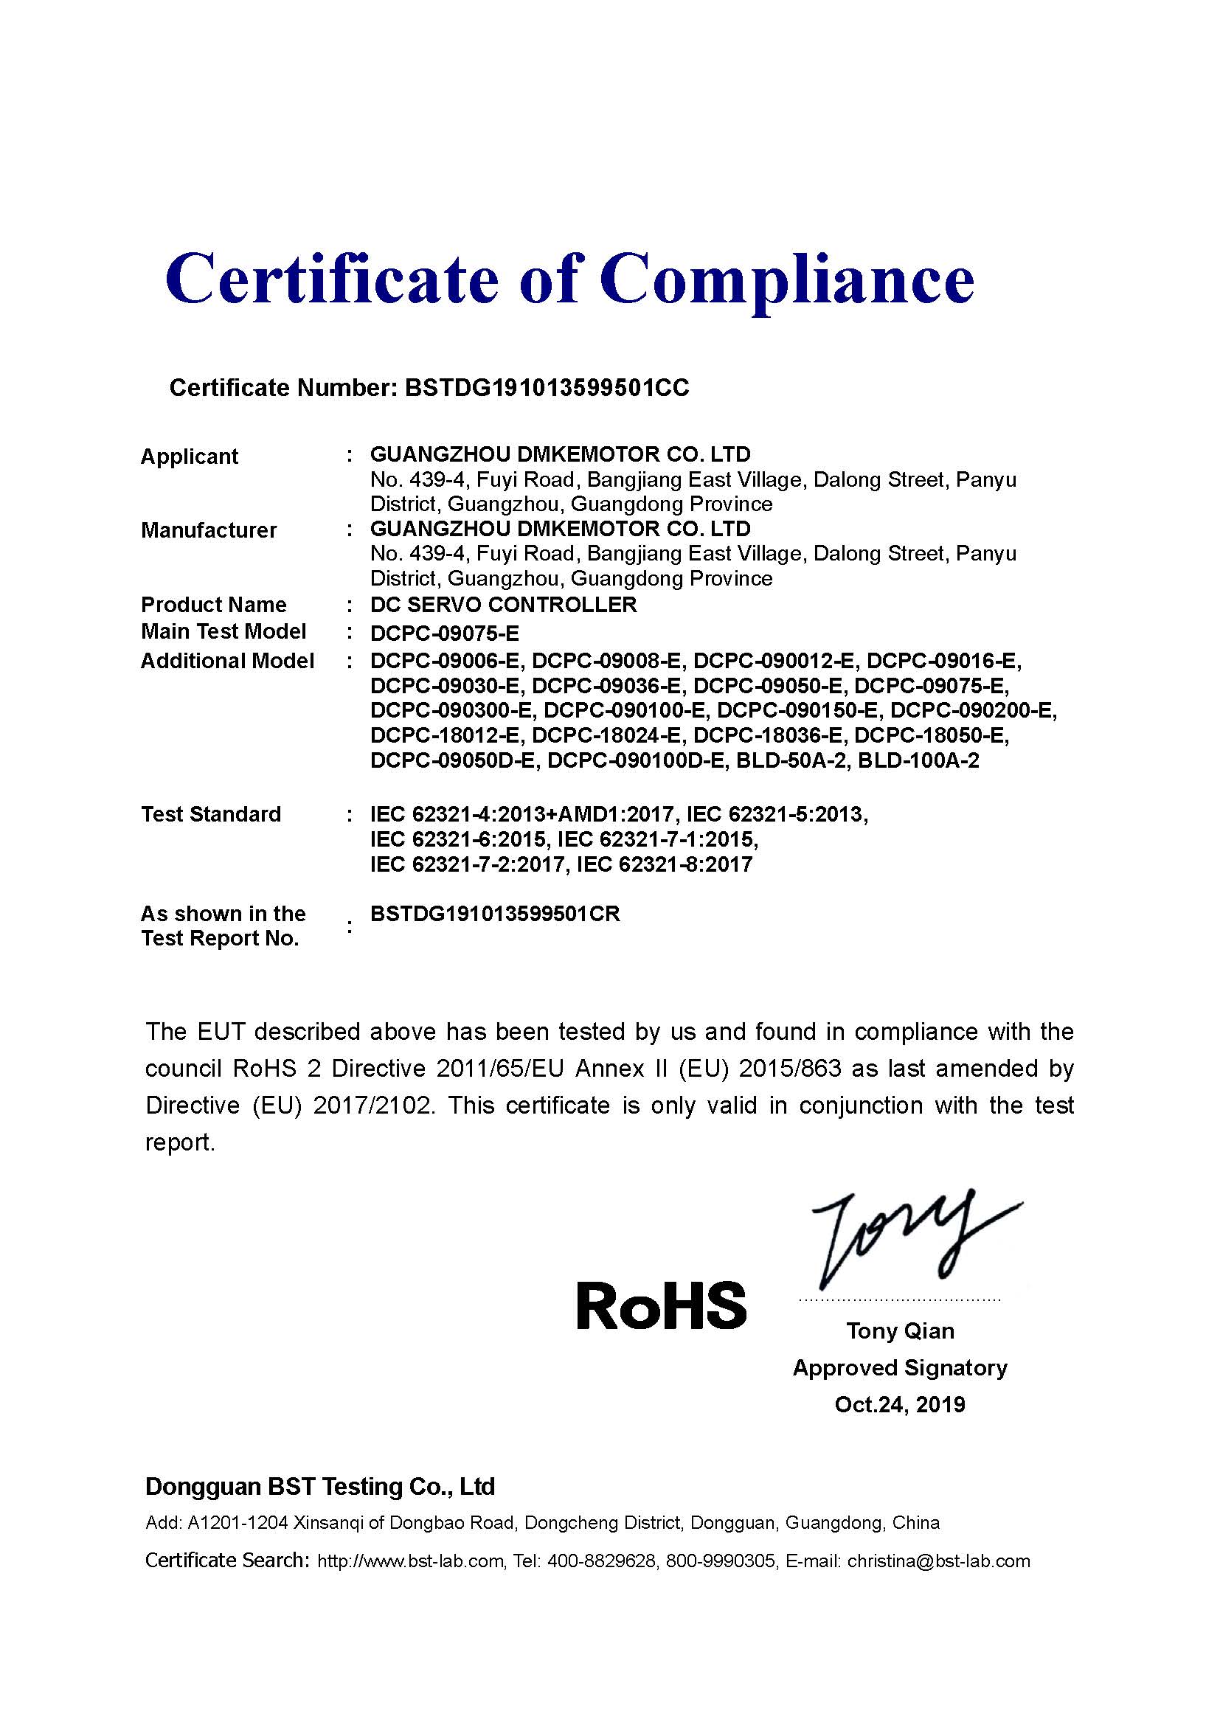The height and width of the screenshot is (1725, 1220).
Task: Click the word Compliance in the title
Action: point(786,280)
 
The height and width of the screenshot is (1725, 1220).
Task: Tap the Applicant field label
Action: point(190,456)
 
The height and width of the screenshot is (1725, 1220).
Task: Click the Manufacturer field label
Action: point(209,530)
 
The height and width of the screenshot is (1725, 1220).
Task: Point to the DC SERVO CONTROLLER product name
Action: point(503,605)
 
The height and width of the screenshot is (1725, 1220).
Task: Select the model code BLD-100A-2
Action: point(918,761)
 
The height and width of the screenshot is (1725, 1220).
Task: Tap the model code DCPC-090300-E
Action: point(451,711)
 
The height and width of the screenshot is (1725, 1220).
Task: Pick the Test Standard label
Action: point(211,814)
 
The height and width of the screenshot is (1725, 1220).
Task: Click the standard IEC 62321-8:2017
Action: point(664,865)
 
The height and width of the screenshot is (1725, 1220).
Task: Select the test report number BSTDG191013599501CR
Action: point(495,914)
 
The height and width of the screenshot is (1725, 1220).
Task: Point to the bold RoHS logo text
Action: point(661,1306)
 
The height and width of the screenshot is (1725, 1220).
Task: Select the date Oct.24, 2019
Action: point(900,1405)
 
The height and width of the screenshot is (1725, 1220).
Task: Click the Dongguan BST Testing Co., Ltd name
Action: point(320,1487)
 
